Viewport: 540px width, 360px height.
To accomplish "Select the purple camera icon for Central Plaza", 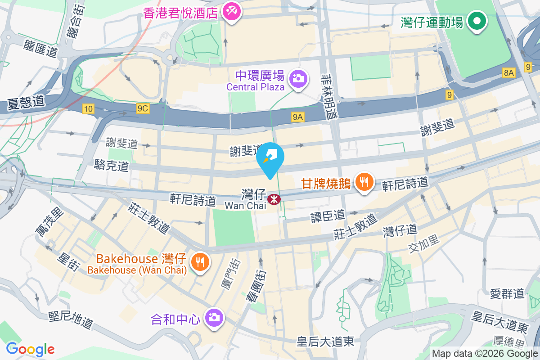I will [x=297, y=79].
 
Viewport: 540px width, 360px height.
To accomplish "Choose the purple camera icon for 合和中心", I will [x=213, y=318].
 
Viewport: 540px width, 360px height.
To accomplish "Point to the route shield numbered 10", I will [x=88, y=108].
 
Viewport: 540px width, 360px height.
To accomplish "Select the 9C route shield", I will [x=143, y=108].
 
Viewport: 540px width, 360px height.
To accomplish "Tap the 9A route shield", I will [x=298, y=117].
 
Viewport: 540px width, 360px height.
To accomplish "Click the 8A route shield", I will [x=508, y=73].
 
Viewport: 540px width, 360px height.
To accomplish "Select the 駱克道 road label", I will [x=112, y=165].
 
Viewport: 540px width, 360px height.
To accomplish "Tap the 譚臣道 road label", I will [x=328, y=216].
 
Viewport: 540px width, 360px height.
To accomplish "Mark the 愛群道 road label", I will [x=507, y=294].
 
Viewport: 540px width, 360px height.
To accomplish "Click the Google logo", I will [x=30, y=349].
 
